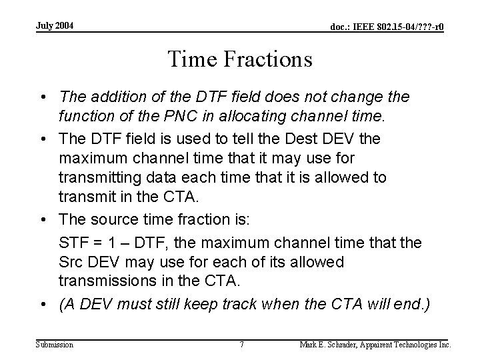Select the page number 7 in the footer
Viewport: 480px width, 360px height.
(x=241, y=345)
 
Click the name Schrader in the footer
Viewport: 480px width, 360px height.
(x=341, y=345)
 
